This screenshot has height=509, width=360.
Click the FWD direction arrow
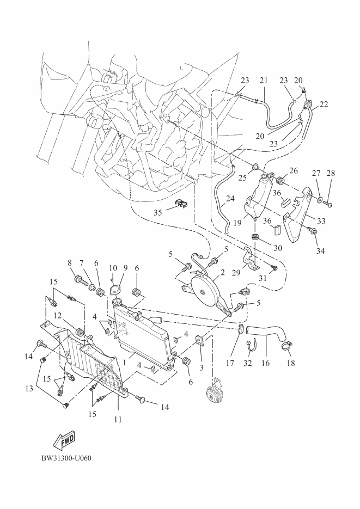pos(64,438)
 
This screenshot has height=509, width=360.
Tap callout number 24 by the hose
pos(230,199)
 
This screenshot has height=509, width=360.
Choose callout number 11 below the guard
pos(118,420)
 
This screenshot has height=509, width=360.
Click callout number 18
pos(290,362)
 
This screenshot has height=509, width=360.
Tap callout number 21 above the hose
pos(264,80)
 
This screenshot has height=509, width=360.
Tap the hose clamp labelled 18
pos(289,345)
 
